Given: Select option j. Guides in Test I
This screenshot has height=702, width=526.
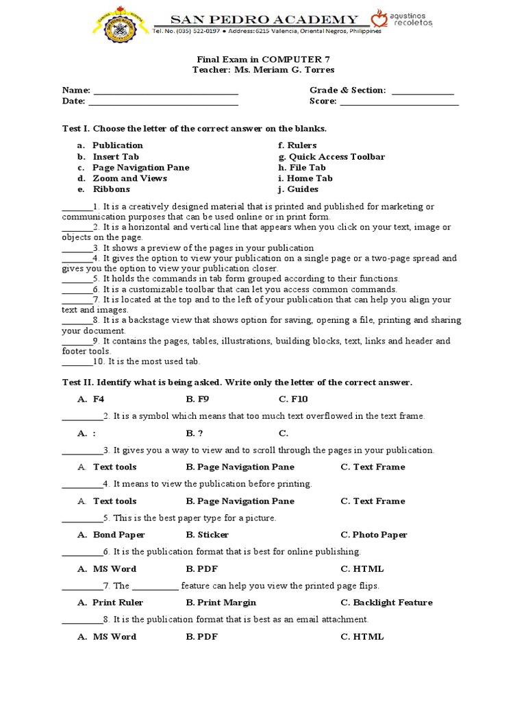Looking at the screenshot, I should point(299,189).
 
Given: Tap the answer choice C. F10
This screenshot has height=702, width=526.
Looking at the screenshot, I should point(293,399).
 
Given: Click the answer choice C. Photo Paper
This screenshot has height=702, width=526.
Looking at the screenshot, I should point(373,535).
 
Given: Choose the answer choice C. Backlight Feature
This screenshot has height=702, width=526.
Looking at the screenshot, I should point(386,603).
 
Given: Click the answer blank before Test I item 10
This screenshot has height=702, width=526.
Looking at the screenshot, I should point(77,362).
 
